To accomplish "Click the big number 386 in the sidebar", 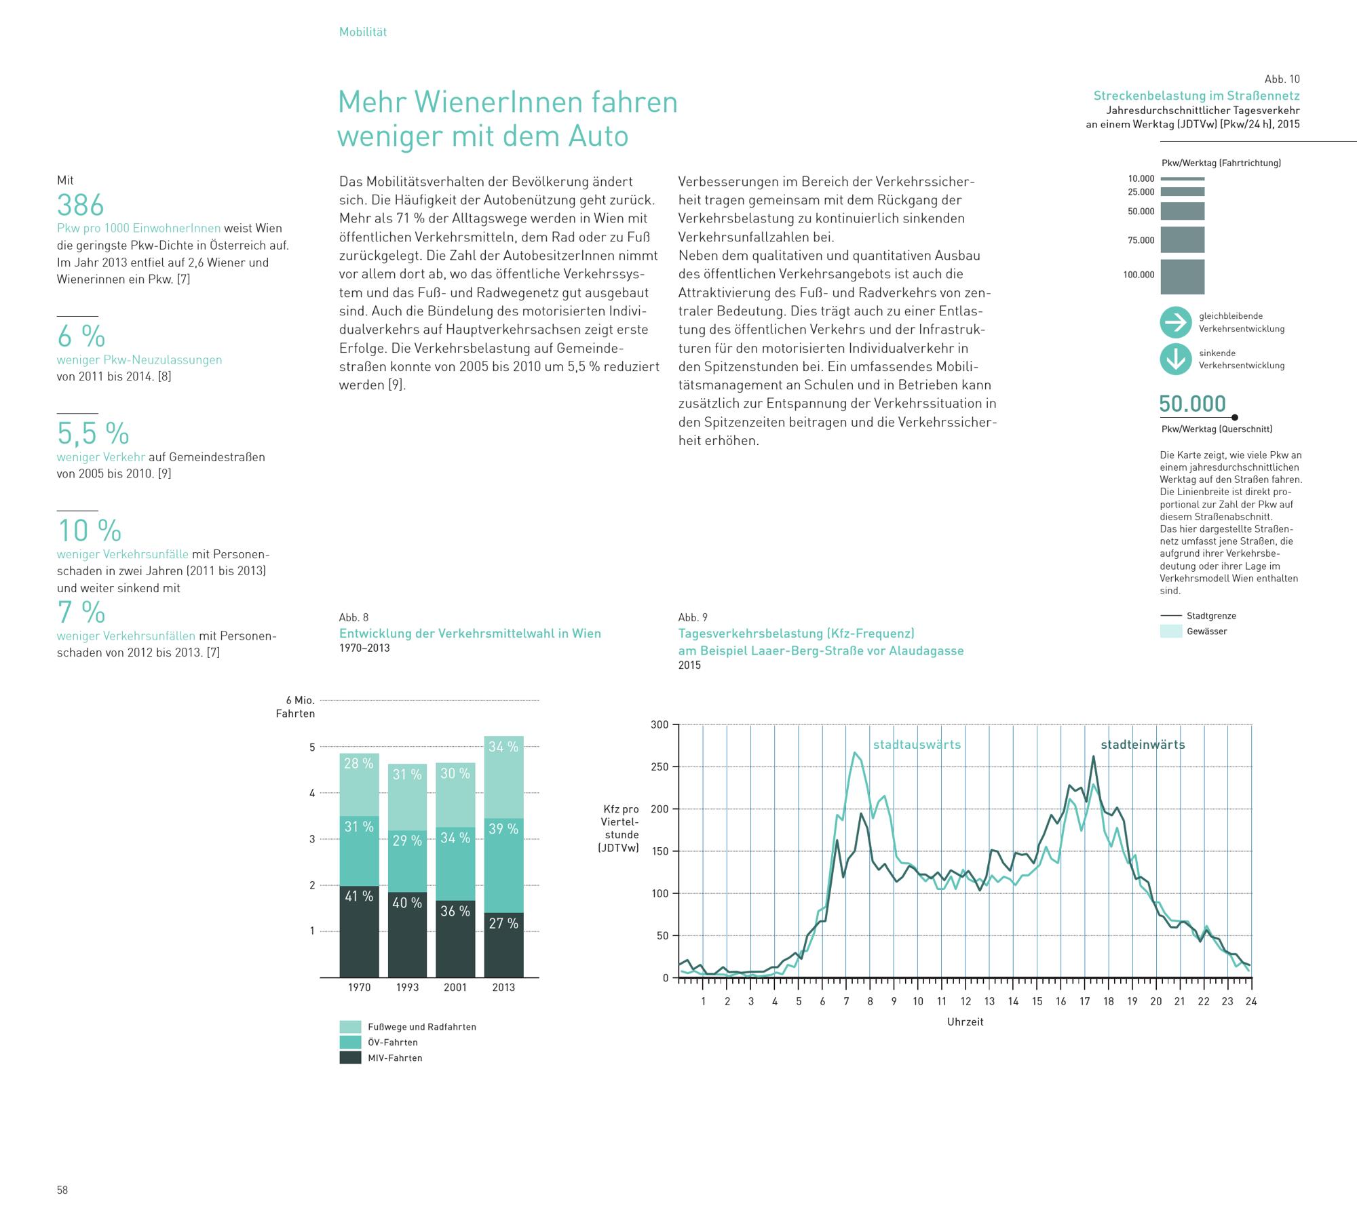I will tap(81, 205).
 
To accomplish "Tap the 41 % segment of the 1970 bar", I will tap(359, 931).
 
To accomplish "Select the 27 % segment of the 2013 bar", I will tap(503, 944).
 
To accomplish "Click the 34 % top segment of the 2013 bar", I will tap(503, 777).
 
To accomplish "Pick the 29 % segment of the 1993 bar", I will tap(407, 861).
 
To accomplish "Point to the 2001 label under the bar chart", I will tap(455, 988).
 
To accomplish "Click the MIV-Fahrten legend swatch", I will tap(350, 1057).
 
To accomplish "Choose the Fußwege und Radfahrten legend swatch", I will tap(350, 1026).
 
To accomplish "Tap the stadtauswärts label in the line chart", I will tap(917, 745).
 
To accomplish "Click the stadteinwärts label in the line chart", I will tap(1143, 745).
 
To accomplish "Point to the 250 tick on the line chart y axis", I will tap(660, 767).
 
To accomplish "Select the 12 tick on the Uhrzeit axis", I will tap(966, 1001).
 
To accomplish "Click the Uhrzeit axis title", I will tap(965, 1022).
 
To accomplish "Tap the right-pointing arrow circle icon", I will tap(1176, 322).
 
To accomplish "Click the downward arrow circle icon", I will tap(1176, 359).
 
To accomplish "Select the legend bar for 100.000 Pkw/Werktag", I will tap(1182, 277).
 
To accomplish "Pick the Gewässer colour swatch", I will tap(1171, 631).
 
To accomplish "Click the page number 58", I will tap(62, 1190).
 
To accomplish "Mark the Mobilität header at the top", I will tap(363, 32).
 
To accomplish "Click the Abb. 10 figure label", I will tap(1282, 79).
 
